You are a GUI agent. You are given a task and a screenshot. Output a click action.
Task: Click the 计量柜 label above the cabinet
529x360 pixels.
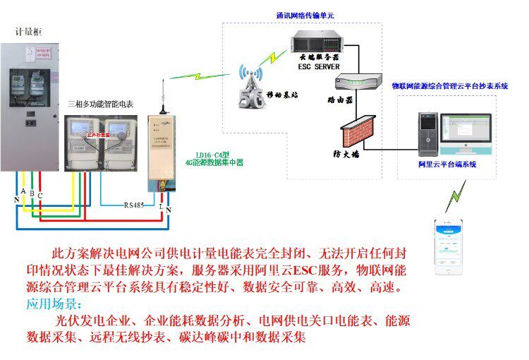[29, 32]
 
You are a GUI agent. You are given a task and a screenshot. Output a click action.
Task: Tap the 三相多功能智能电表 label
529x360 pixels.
[100, 104]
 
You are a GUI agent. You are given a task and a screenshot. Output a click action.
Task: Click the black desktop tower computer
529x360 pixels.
[427, 133]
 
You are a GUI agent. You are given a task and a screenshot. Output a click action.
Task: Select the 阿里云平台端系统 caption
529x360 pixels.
[447, 164]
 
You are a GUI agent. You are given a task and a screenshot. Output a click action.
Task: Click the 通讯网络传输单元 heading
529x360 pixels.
[305, 14]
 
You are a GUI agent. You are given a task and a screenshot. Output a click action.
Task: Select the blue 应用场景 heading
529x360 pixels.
[54, 304]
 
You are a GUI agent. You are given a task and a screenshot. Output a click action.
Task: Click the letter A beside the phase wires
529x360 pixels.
[23, 191]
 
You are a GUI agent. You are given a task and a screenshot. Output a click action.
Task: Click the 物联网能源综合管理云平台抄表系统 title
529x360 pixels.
[450, 85]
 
